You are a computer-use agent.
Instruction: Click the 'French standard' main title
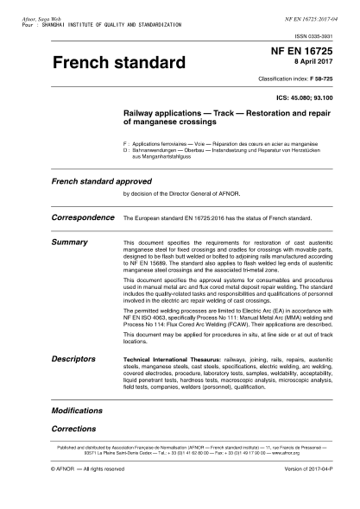[119, 65]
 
